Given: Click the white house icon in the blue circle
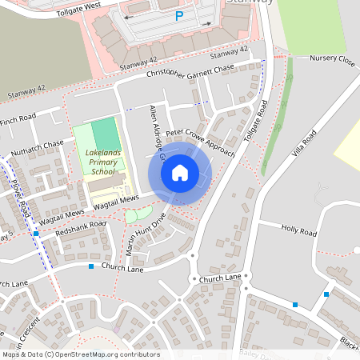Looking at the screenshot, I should pyautogui.click(x=180, y=173).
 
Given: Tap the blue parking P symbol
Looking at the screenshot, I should pyautogui.click(x=178, y=15).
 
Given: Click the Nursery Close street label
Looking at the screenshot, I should pyautogui.click(x=332, y=59).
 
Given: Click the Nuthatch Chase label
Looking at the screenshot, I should pyautogui.click(x=38, y=149).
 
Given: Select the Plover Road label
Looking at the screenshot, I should pyautogui.click(x=19, y=195).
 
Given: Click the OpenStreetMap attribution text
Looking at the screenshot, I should pyautogui.click(x=80, y=354).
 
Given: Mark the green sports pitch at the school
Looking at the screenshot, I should pyautogui.click(x=104, y=132).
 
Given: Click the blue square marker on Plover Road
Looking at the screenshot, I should pyautogui.click(x=36, y=234).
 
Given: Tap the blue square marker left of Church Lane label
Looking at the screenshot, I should pyautogui.click(x=91, y=266).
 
